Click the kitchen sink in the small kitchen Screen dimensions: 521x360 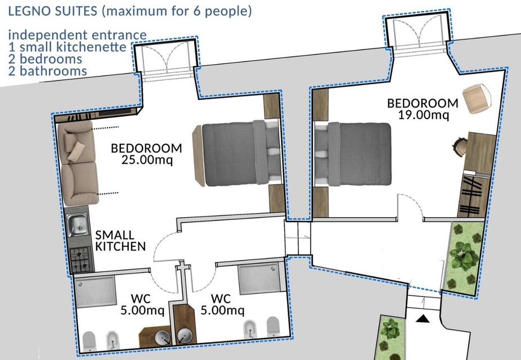tap(78, 225)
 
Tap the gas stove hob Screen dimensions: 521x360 tap(80, 259)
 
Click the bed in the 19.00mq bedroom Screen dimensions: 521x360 tap(353, 154)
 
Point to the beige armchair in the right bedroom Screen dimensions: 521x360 tap(477, 98)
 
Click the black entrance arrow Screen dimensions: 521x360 tap(423, 319)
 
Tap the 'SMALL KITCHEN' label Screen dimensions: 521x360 tap(120, 241)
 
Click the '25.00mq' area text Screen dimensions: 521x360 tap(147, 160)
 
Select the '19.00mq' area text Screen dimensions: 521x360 tap(423, 115)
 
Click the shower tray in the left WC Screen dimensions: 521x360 tap(95, 291)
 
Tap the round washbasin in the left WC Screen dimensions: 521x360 tap(163, 336)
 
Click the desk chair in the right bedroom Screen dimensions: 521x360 tap(460, 146)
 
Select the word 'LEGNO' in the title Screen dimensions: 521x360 tap(29, 11)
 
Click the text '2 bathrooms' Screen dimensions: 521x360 tap(47, 71)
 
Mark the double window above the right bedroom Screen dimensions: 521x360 tap(420, 35)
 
